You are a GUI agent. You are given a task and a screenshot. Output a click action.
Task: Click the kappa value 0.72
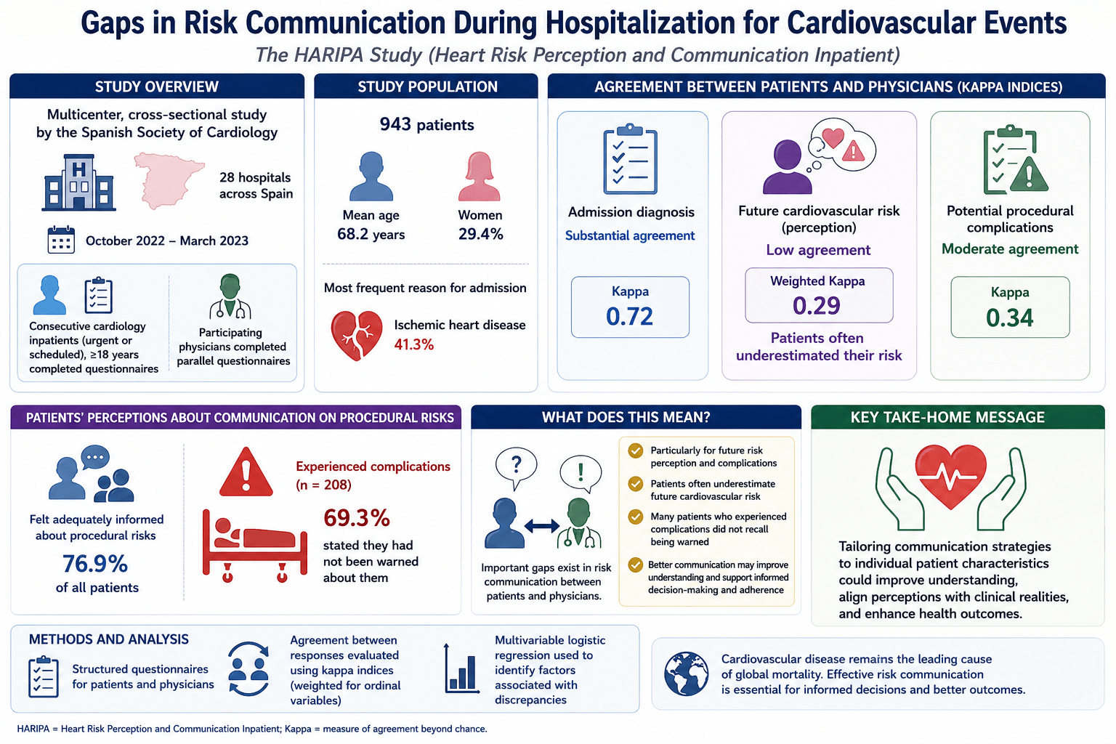629,317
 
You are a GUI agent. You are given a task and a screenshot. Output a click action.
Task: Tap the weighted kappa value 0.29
817,305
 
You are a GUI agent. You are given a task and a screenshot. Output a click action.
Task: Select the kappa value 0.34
1009,318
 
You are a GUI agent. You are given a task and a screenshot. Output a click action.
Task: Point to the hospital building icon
78,182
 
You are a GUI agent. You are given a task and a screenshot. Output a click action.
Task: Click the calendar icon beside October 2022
61,240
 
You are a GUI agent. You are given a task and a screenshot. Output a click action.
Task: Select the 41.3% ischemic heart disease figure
414,344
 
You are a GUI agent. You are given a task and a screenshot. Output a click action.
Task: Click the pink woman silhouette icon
480,177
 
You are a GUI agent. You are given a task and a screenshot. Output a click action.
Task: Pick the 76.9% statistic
95,564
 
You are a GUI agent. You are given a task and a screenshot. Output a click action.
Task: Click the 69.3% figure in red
357,518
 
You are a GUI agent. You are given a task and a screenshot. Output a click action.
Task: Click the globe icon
686,674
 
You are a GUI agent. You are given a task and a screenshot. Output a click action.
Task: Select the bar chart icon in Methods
462,668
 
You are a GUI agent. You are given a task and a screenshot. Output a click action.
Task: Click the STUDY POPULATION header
427,86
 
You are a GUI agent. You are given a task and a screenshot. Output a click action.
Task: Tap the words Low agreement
818,250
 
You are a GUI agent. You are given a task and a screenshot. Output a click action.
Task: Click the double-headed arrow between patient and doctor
541,526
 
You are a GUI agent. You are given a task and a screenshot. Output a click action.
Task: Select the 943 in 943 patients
395,124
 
